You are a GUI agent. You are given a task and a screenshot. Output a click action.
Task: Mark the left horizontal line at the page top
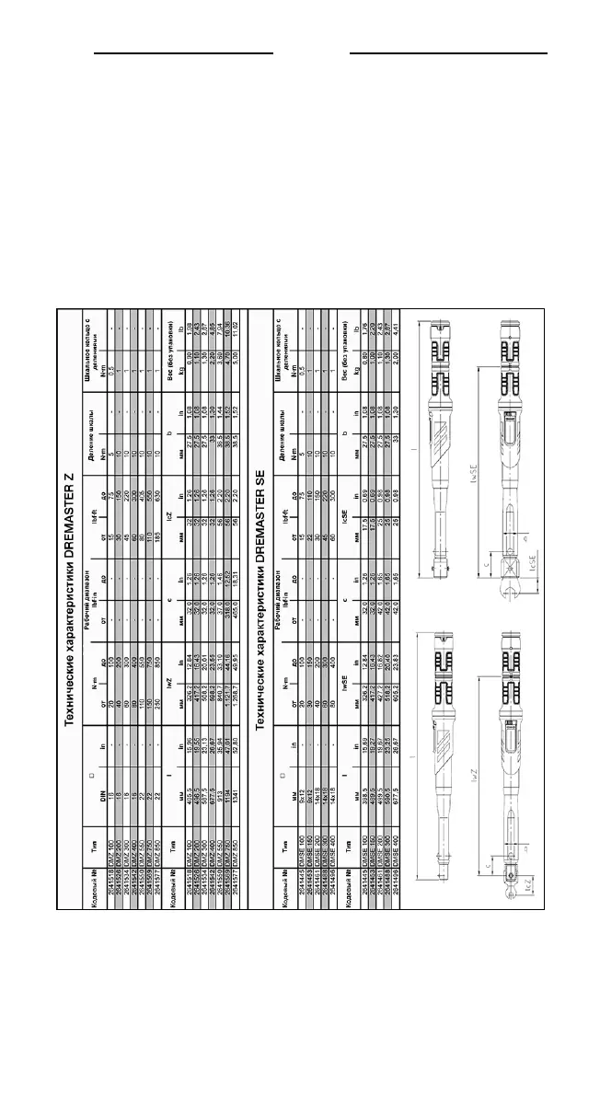tap(184, 53)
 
